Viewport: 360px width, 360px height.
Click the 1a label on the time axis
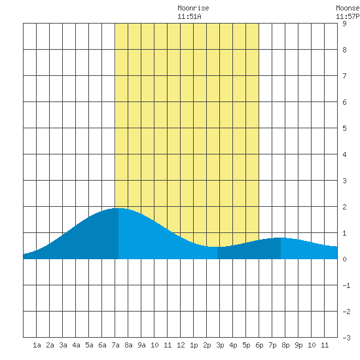coord(37,345)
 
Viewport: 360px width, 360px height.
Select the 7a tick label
coord(115,345)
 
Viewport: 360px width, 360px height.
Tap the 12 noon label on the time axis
coord(181,345)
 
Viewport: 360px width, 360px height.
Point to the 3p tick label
coord(220,345)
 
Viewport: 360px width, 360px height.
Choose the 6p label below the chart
coord(259,345)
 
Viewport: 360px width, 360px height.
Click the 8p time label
coord(285,345)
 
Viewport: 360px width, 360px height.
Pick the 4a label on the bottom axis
coord(76,345)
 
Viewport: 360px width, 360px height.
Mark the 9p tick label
coord(298,345)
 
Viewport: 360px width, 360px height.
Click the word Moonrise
coord(193,9)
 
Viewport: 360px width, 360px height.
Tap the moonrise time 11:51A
coord(189,16)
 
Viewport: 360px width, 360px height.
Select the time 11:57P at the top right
coord(348,16)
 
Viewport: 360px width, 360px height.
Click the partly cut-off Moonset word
coord(348,9)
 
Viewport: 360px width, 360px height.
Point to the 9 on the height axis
coord(344,24)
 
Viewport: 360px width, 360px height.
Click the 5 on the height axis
coord(344,128)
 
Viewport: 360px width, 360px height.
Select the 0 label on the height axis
coord(344,259)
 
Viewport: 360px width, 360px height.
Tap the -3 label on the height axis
coord(346,338)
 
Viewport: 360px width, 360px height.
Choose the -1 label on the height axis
coord(346,285)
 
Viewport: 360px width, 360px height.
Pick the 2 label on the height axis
coord(344,207)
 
